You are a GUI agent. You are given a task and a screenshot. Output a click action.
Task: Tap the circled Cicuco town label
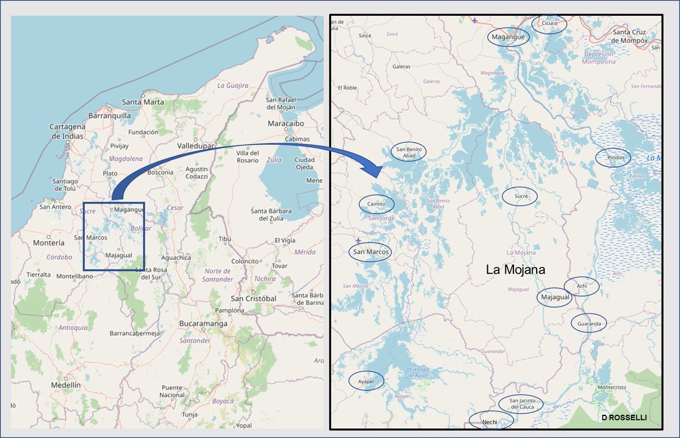click(x=550, y=24)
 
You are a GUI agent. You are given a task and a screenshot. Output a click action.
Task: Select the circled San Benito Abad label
click(x=409, y=152)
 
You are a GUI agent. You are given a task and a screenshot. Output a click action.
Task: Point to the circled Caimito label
click(x=376, y=204)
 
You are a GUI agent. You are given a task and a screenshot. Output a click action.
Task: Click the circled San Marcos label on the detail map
click(x=371, y=252)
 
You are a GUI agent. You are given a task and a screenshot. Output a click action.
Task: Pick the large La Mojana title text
click(x=516, y=270)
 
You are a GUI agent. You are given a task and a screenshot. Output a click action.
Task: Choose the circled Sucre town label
click(x=520, y=197)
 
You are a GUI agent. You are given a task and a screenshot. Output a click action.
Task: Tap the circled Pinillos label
click(x=613, y=158)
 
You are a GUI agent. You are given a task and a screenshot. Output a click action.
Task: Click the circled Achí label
click(x=581, y=286)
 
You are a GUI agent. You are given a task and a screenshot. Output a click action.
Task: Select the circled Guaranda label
click(x=589, y=323)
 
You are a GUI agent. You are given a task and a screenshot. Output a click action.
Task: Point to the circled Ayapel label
click(x=367, y=382)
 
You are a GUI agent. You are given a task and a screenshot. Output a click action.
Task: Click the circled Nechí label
click(x=490, y=422)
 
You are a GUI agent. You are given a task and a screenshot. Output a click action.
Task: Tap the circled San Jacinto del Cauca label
click(x=521, y=404)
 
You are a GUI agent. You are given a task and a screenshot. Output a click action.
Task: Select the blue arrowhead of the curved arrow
click(x=371, y=167)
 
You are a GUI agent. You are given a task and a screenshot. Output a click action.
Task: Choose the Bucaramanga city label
click(x=203, y=324)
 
